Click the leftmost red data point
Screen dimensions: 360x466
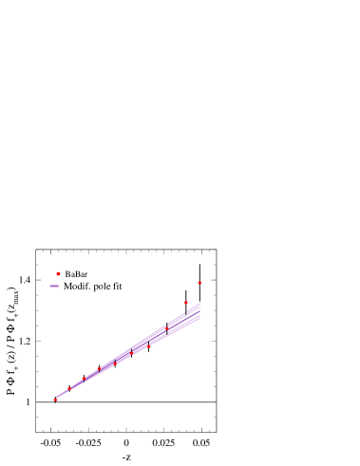click(x=55, y=400)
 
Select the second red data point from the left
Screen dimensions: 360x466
click(x=68, y=389)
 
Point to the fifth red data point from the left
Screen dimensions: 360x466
click(x=115, y=363)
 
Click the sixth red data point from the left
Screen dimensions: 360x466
click(x=131, y=354)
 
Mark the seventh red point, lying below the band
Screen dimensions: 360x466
click(x=149, y=346)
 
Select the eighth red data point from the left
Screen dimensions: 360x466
click(x=166, y=328)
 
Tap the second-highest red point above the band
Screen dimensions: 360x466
click(x=186, y=303)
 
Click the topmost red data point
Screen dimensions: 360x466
click(x=199, y=283)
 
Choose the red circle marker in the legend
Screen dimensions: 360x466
click(x=58, y=274)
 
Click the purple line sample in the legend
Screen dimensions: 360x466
click(x=54, y=286)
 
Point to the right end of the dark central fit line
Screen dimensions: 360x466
click(x=199, y=312)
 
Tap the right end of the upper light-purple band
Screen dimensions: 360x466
click(x=199, y=305)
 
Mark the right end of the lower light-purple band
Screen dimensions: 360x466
click(x=199, y=319)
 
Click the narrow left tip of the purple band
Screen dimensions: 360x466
click(x=57, y=398)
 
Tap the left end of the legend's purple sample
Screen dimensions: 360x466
click(x=50, y=286)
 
